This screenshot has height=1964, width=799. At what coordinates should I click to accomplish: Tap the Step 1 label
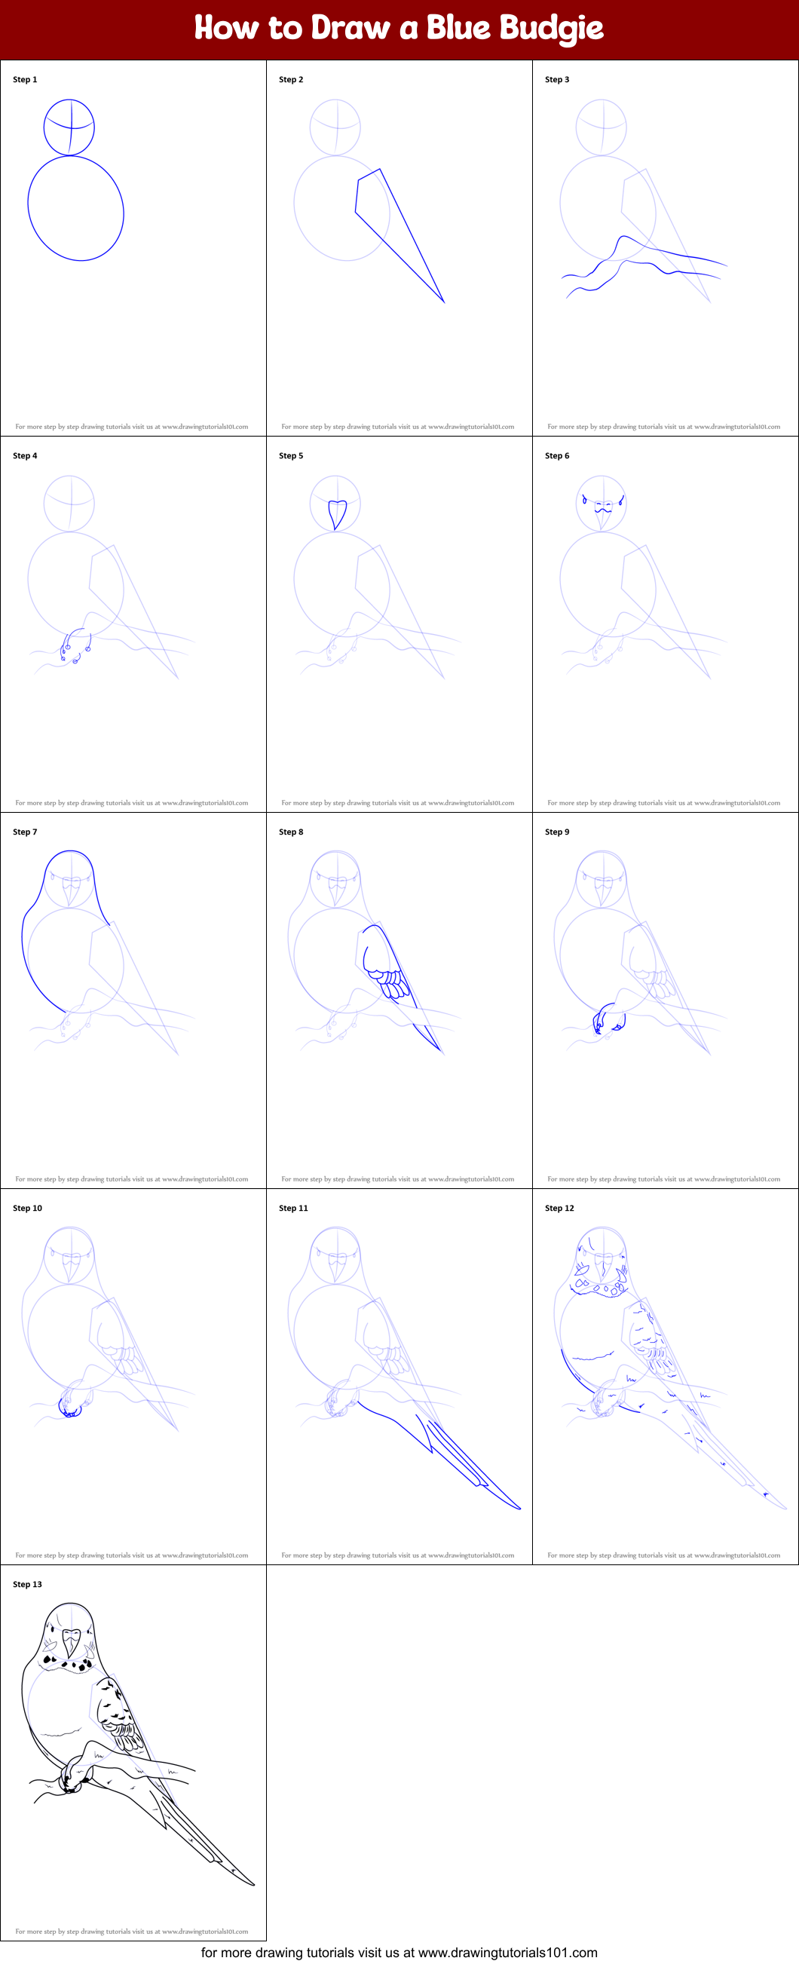click(24, 79)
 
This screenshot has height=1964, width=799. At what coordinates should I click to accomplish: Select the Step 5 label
click(290, 455)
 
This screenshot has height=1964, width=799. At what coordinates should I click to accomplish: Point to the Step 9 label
click(556, 832)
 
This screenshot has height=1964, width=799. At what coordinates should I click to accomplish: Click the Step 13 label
click(26, 1584)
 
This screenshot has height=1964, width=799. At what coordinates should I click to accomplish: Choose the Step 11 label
click(292, 1208)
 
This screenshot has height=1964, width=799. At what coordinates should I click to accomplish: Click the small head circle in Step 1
click(69, 127)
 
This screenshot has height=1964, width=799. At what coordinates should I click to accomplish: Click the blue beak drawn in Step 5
click(336, 512)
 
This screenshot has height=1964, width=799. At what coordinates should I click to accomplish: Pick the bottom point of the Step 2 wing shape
click(443, 301)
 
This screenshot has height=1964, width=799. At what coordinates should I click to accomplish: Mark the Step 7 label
click(24, 832)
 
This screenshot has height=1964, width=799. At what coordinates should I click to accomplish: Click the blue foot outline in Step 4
click(74, 645)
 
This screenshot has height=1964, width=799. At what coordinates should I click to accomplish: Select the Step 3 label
click(556, 79)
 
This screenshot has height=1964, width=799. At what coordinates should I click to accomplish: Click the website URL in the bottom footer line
click(507, 1953)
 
